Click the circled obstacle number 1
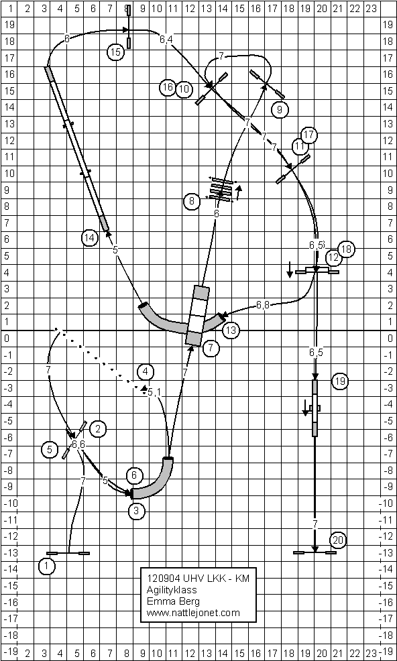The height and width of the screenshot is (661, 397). point(46,566)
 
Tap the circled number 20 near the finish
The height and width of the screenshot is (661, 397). point(339,540)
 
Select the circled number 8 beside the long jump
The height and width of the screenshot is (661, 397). point(192,202)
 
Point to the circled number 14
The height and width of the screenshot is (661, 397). point(89,238)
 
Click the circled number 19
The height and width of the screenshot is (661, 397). point(340,381)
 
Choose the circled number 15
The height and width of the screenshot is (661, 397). point(115,52)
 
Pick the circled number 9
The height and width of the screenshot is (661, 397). point(279,110)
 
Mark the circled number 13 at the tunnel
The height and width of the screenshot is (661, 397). point(231,330)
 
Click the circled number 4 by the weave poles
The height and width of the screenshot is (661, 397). point(146,372)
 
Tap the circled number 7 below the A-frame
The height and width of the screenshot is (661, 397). point(211,348)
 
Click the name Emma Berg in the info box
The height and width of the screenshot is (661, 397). point(166,601)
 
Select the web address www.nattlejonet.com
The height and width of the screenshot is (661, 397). point(193,613)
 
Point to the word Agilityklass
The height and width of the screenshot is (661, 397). point(172,589)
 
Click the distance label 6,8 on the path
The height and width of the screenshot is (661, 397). point(263,305)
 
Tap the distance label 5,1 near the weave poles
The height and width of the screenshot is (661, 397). point(154,393)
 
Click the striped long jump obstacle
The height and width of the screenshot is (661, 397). point(221,190)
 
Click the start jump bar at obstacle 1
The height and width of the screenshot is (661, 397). point(68,552)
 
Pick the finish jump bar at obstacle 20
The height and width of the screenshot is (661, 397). point(315,552)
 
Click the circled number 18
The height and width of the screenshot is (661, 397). point(347,249)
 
